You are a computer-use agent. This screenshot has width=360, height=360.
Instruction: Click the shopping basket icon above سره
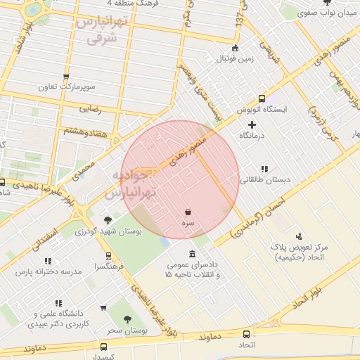pyautogui.click(x=188, y=211)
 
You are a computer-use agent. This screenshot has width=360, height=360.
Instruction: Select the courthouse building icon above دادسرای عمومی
pyautogui.click(x=192, y=254)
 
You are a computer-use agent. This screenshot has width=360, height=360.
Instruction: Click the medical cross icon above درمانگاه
pyautogui.click(x=252, y=124)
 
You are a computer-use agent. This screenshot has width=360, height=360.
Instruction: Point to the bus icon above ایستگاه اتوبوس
pyautogui.click(x=262, y=98)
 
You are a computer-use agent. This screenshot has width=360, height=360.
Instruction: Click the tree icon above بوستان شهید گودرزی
pyautogui.click(x=108, y=220)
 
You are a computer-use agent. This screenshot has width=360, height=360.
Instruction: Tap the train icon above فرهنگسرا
pyautogui.click(x=108, y=256)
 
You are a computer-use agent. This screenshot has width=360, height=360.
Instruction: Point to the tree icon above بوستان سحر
pyautogui.click(x=127, y=319)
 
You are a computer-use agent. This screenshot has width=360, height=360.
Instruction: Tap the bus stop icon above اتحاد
pyautogui.click(x=246, y=334)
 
